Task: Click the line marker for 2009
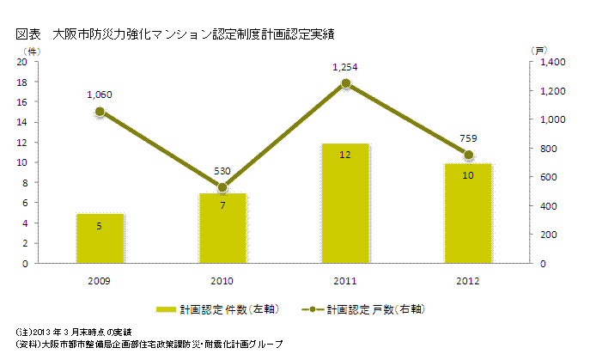tap(100, 112)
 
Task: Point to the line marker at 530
tap(222, 187)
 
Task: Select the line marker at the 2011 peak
tap(345, 83)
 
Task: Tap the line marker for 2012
tap(468, 155)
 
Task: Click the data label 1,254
tap(345, 66)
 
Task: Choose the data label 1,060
tap(100, 95)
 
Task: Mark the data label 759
tap(468, 138)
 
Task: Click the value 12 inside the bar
tap(345, 155)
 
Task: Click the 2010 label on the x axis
tap(222, 281)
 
